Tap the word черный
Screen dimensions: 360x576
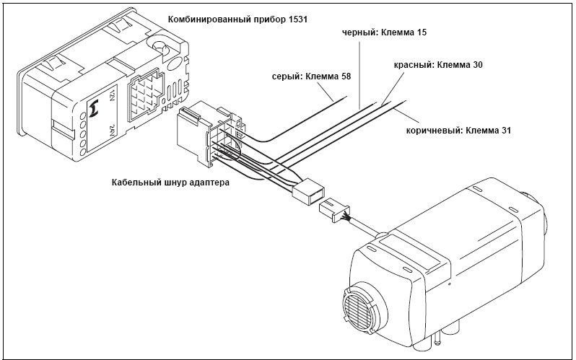358,33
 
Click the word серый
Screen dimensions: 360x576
287,76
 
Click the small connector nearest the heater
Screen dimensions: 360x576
333,210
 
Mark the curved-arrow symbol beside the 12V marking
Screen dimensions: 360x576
92,110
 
